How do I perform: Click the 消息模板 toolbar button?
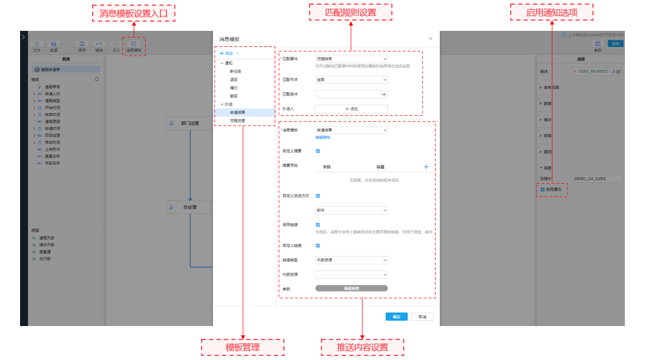coord(134,46)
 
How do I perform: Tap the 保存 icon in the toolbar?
coord(82,46)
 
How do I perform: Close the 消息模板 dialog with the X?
coord(430,39)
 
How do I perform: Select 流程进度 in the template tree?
coord(238,120)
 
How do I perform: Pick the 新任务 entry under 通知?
coord(236,71)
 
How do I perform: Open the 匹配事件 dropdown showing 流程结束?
coord(351,59)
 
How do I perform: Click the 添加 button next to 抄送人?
coord(351,109)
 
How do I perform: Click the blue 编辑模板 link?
coord(323,137)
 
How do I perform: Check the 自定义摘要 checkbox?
coord(318,151)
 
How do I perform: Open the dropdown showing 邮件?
coord(351,210)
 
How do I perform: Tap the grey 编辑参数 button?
coord(351,289)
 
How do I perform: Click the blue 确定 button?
coord(397,317)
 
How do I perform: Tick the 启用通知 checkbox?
coord(543,189)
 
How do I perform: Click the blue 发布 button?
coord(615,44)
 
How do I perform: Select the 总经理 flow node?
coord(190,207)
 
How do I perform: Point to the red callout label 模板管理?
coord(243,347)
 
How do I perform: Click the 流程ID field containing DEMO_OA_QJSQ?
coord(597,178)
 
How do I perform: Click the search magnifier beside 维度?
coord(97,80)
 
